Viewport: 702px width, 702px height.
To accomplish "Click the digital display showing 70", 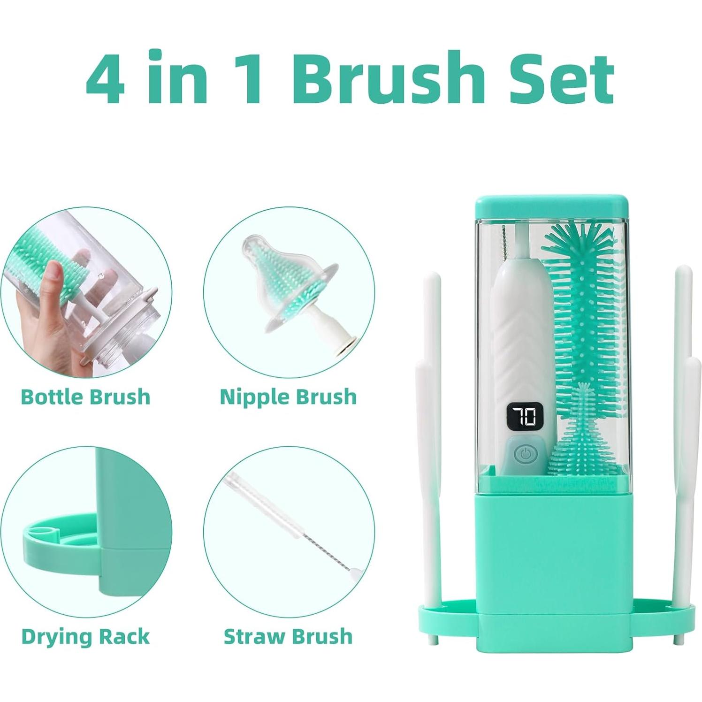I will pos(524,416).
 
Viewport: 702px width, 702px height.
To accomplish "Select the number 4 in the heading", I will pos(106,78).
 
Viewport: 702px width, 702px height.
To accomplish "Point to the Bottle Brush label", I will pos(85,397).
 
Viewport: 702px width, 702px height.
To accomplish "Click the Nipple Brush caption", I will pos(288,397).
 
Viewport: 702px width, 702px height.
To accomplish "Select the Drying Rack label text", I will pos(85,637).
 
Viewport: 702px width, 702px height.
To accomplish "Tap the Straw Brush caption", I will pos(288,637).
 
